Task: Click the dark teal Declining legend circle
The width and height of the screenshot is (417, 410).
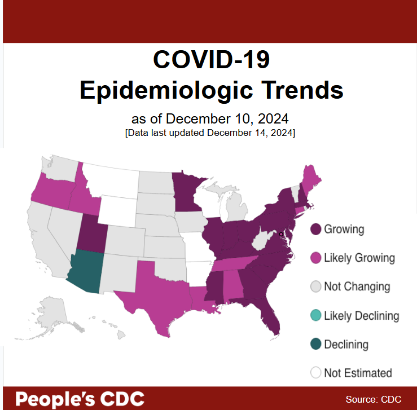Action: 316,344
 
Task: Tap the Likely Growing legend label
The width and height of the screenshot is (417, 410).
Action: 359,258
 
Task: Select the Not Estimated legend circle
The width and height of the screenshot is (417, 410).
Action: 316,373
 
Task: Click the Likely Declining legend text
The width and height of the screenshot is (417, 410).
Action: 361,315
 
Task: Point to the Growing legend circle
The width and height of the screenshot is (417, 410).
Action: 316,229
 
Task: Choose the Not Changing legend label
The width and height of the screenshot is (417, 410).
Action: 357,286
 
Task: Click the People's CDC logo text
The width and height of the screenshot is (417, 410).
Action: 79,399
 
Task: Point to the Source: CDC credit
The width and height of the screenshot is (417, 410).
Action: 374,399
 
